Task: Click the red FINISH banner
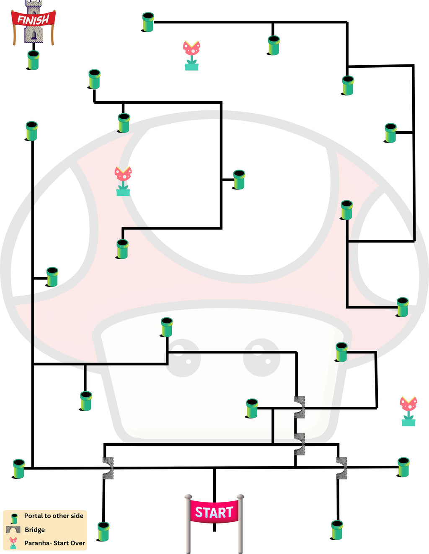pos(33,19)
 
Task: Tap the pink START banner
pos(214,512)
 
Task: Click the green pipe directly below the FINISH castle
pos(33,60)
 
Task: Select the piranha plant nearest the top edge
pos(191,55)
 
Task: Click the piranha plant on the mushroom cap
pos(123,181)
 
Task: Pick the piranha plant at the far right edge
pos(408,411)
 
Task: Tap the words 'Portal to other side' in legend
pos(54,516)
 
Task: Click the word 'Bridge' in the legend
pos(35,530)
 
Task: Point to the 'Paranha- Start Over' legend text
pos(54,543)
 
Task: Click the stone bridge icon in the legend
pos(13,530)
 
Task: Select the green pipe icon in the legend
pos(14,518)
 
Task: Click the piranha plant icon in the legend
pos(13,543)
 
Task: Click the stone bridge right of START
pos(342,468)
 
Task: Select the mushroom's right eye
pos(262,357)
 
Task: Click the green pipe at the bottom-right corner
pos(337,530)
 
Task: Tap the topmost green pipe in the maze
pos(148,22)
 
